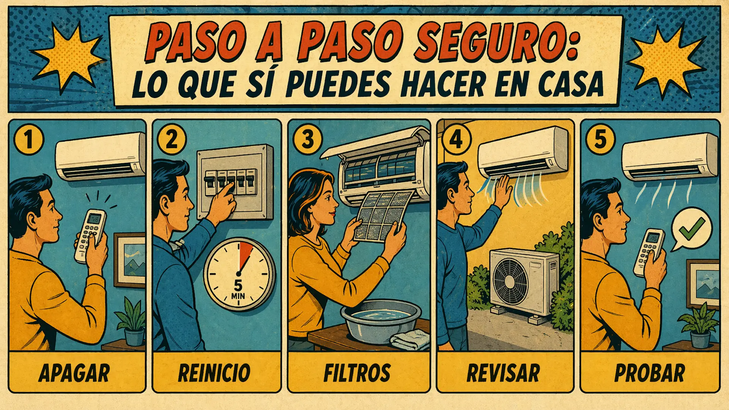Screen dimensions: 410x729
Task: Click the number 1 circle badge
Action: [29, 139]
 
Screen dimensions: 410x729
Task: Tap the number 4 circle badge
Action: [456, 139]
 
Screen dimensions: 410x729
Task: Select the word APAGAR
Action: [74, 373]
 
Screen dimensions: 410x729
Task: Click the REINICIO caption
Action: [214, 373]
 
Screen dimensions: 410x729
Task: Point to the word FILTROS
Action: [357, 373]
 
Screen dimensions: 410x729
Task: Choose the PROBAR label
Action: [650, 373]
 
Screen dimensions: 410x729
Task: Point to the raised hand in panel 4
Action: [503, 192]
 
